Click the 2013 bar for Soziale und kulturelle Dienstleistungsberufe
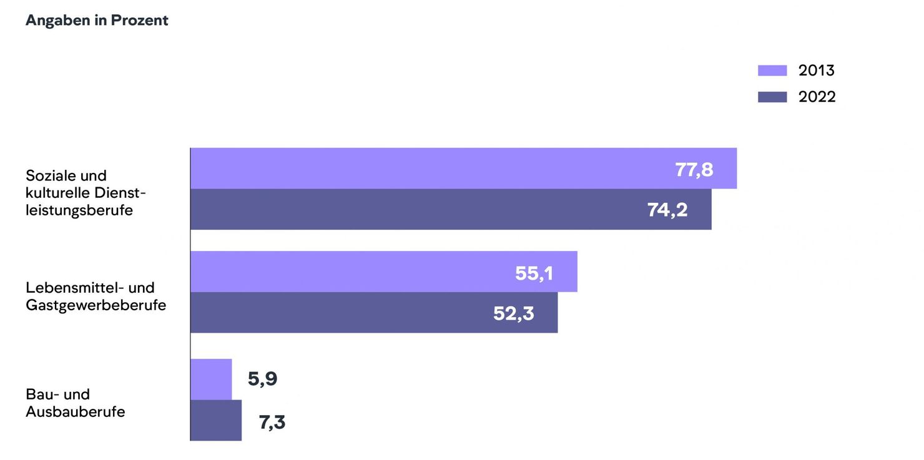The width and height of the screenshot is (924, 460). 431,169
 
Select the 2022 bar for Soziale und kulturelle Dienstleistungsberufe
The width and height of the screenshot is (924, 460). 418,210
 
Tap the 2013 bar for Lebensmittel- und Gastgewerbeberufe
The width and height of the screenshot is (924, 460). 350,272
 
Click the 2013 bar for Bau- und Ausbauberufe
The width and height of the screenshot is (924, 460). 211,379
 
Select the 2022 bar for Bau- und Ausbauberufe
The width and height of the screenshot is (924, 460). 216,420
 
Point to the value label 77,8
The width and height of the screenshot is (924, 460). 694,170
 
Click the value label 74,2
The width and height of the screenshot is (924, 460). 667,210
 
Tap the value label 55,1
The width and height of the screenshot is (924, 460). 534,273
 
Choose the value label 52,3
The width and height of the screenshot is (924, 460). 513,313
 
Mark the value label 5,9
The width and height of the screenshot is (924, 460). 262,379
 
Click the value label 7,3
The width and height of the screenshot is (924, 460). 272,423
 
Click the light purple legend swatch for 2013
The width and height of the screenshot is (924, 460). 772,71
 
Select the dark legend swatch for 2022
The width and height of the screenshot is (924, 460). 772,97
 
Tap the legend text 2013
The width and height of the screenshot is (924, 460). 817,71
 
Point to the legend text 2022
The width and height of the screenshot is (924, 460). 817,97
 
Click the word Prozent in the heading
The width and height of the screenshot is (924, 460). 140,21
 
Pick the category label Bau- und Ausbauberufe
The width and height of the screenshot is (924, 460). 75,403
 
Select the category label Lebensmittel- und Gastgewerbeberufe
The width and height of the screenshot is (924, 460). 96,296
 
